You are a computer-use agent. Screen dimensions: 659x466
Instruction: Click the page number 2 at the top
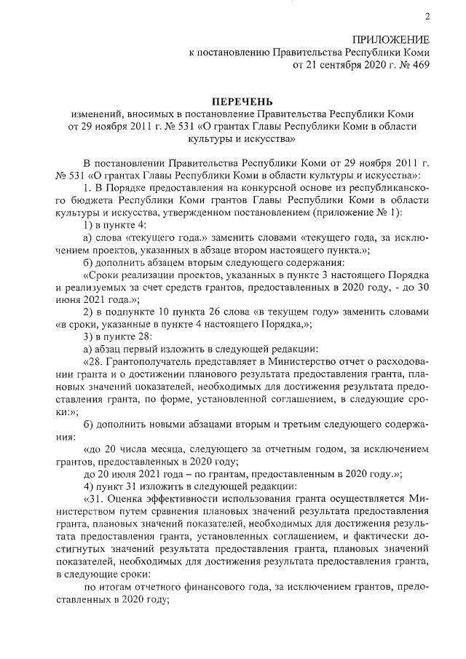click(427, 17)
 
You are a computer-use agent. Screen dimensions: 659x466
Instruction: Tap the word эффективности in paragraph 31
click(182, 499)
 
